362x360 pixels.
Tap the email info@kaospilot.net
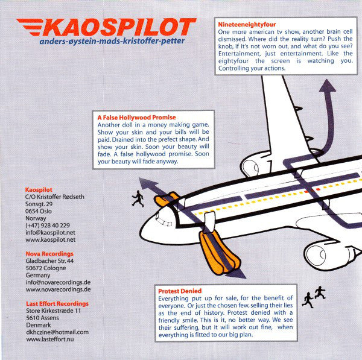pos(51,232)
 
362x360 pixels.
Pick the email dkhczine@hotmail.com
pos(57,333)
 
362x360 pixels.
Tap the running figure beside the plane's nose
pos(138,199)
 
